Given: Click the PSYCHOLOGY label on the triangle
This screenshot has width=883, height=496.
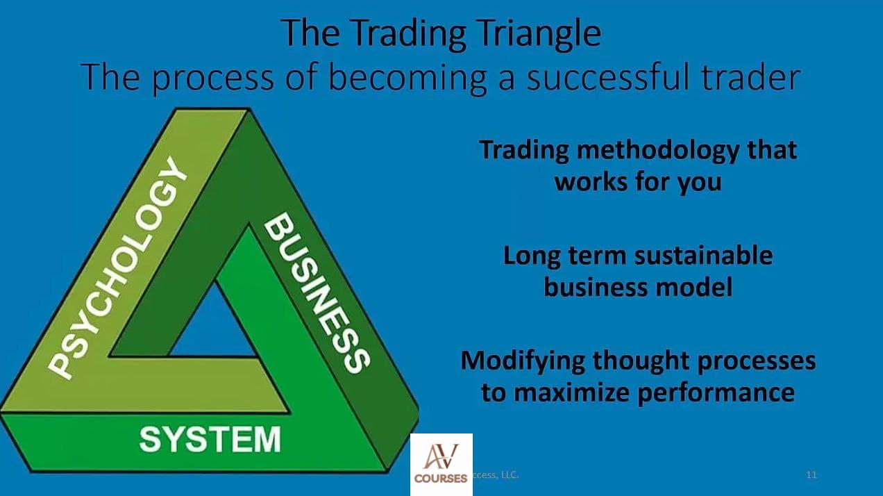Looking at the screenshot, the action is click(x=117, y=268).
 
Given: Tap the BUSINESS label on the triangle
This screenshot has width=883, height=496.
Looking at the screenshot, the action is click(x=318, y=292).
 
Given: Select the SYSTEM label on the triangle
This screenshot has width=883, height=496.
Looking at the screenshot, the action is click(x=210, y=439).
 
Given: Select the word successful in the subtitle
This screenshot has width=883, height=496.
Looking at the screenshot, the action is click(x=608, y=77).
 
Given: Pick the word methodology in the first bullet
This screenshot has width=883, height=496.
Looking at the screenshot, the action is click(x=658, y=151).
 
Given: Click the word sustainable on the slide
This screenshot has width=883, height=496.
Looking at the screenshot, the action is click(x=704, y=256).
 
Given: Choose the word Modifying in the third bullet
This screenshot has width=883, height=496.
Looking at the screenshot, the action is click(x=523, y=362).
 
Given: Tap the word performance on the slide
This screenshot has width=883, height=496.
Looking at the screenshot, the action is click(x=716, y=394).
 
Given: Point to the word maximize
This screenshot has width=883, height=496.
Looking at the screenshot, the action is click(x=573, y=392).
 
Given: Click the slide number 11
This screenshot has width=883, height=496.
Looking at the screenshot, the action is click(x=811, y=474).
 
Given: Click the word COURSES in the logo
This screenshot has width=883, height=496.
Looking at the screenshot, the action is click(x=441, y=479).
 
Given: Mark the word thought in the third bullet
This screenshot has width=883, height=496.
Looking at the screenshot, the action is click(x=641, y=362).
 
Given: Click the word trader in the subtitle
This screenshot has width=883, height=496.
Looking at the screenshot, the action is click(x=750, y=77).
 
